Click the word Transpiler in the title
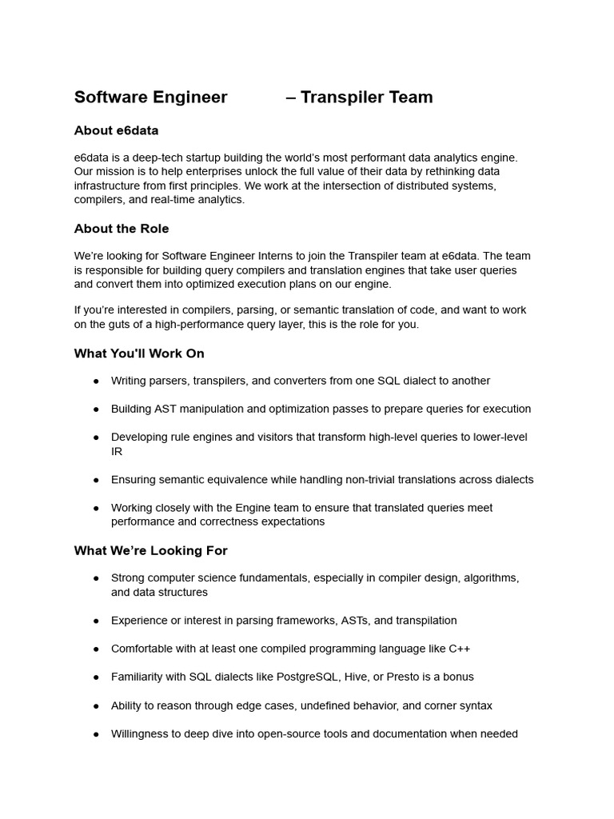[x=342, y=98]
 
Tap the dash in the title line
[x=291, y=98]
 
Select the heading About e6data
[x=116, y=130]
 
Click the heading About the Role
[x=122, y=229]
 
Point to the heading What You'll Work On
[x=139, y=354]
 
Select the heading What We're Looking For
[x=150, y=550]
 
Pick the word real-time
[x=169, y=200]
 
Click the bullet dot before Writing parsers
[x=96, y=382]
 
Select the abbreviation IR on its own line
[x=116, y=452]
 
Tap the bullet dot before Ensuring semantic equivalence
[x=96, y=480]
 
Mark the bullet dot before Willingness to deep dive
[x=96, y=734]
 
